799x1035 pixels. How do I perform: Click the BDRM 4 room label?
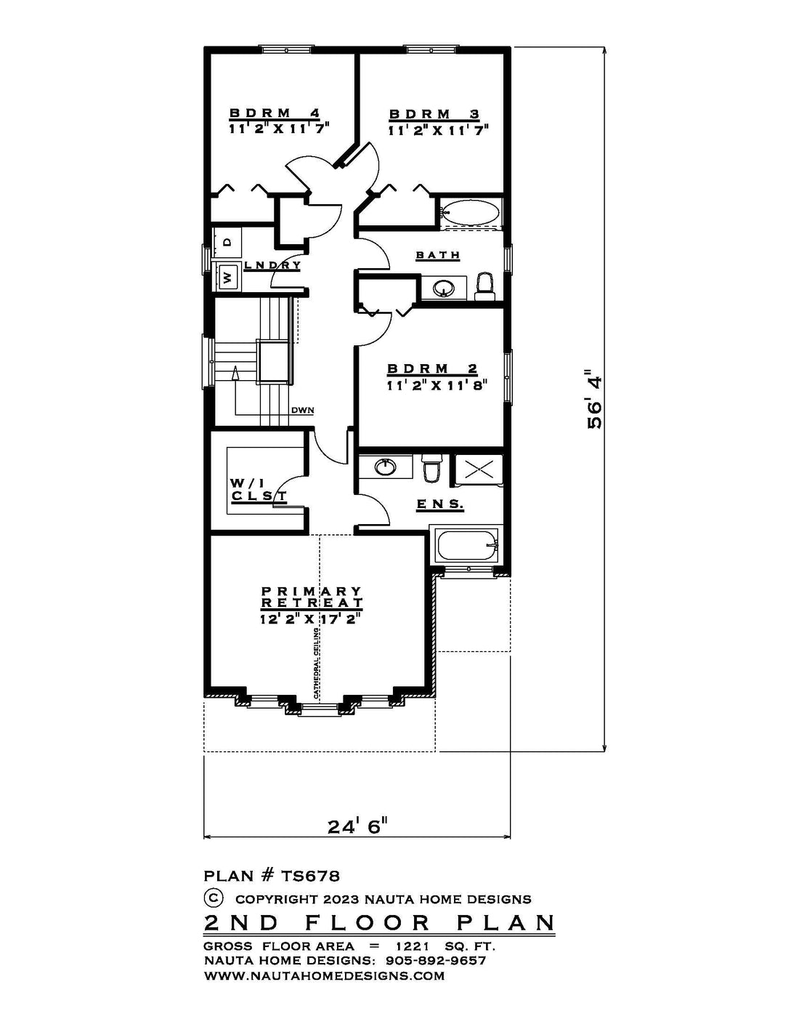coord(275,113)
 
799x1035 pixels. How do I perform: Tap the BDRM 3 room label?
coord(434,114)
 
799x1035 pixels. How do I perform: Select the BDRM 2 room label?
coord(432,369)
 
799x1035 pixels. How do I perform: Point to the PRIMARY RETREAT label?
coord(312,597)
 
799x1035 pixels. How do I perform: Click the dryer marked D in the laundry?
coord(227,243)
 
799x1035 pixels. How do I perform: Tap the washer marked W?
coord(227,275)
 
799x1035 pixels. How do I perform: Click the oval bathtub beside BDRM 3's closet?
coord(470,212)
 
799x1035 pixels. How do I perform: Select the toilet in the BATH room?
coord(484,286)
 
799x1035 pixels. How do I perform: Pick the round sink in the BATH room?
coord(445,288)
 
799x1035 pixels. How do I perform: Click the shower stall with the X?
coord(479,469)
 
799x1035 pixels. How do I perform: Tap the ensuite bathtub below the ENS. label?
coord(467,547)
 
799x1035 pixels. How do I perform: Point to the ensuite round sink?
coord(386,467)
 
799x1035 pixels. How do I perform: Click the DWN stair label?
coord(303,410)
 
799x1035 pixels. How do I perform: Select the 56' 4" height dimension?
coord(595,399)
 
